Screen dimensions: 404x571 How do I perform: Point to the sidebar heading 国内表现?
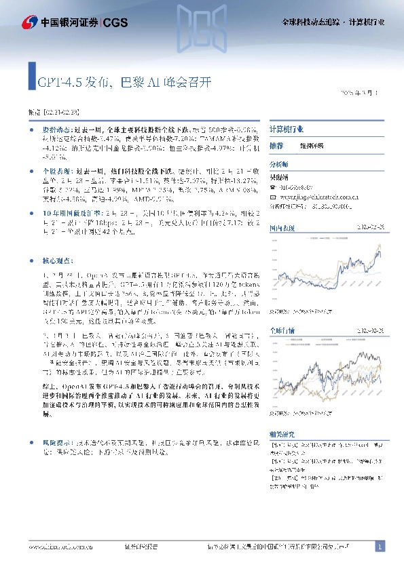tap(281, 229)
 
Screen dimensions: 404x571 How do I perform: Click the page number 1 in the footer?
tap(380, 547)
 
